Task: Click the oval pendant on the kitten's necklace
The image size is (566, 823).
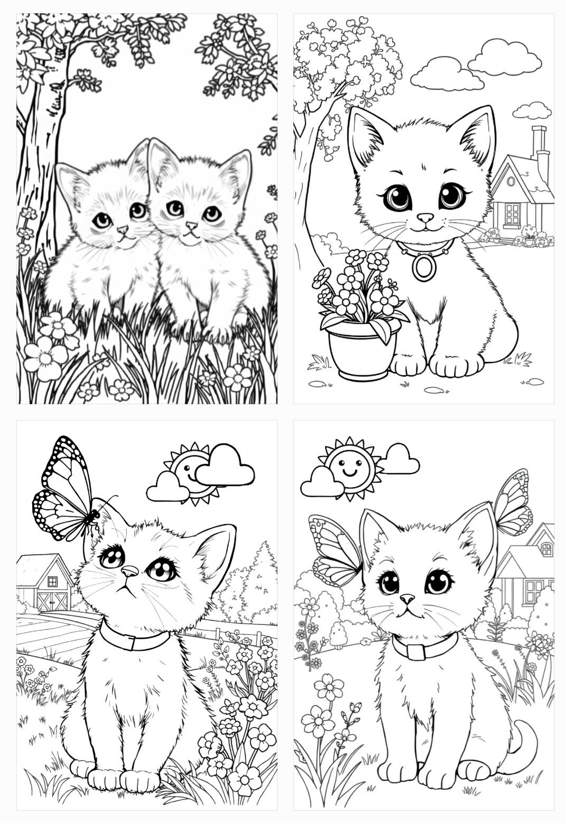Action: click(424, 267)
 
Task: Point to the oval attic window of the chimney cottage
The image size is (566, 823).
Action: click(511, 181)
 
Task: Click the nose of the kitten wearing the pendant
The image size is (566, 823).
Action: click(425, 217)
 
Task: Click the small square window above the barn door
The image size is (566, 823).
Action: click(52, 581)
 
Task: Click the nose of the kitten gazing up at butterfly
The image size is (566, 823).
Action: click(129, 571)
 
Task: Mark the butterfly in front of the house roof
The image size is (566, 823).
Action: click(513, 504)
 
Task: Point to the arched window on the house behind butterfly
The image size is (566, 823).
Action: click(546, 549)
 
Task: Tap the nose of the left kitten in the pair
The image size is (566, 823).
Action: click(123, 230)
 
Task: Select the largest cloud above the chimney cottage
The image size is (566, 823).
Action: click(505, 58)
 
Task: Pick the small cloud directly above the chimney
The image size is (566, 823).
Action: click(532, 111)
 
